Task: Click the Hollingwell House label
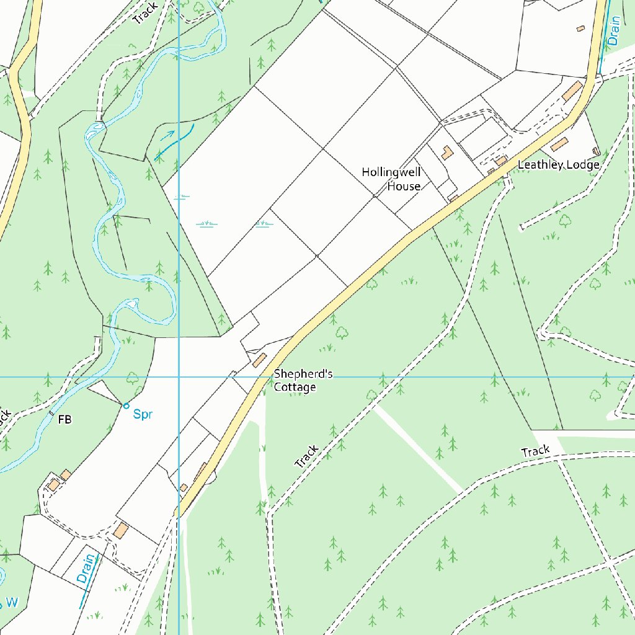point(391,179)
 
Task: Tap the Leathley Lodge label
point(558,165)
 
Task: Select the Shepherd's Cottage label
point(303,381)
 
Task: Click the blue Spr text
point(143,414)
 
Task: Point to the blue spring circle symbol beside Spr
point(126,406)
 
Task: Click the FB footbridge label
point(64,420)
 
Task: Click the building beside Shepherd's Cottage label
point(259,360)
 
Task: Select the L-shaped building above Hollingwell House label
point(446,152)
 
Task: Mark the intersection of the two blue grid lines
point(179,376)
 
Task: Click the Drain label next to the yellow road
point(613,31)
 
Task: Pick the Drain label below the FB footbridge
point(87,568)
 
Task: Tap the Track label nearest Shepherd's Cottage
point(306,456)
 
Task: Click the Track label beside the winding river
point(145,13)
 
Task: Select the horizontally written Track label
point(535,451)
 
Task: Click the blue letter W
point(12,602)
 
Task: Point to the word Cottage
point(295,387)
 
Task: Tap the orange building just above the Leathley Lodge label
point(559,144)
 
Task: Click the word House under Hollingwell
point(404,186)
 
